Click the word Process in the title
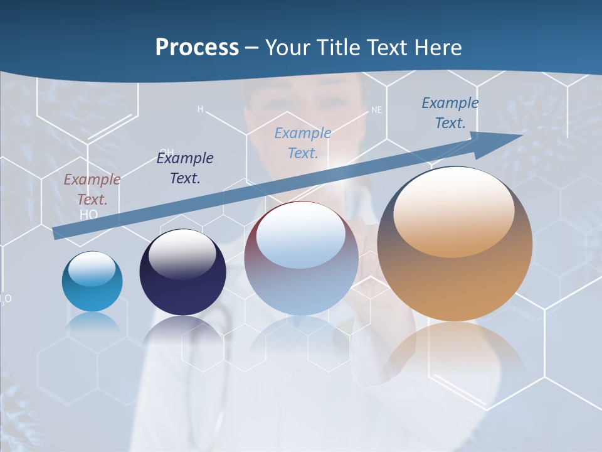(197, 48)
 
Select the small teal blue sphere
(92, 282)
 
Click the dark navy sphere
(182, 273)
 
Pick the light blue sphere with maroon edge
(301, 259)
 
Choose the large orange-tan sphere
(455, 245)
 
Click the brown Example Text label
(92, 190)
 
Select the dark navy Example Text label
(185, 168)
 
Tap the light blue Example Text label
(303, 143)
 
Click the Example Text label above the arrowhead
(450, 113)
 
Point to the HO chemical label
(89, 214)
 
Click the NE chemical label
(376, 110)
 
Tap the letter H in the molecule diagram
(201, 109)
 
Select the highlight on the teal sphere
(92, 268)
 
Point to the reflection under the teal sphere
(92, 323)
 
